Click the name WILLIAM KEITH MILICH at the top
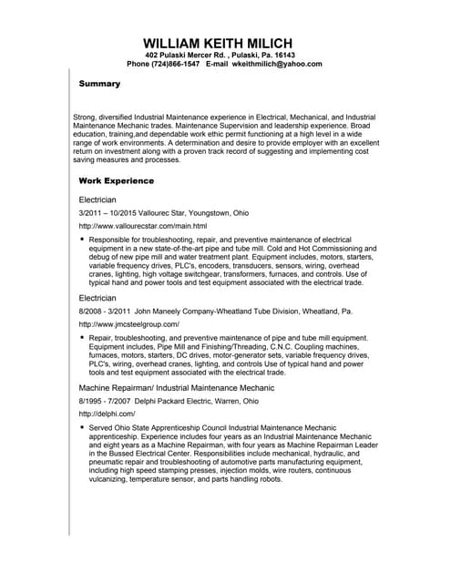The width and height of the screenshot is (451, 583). pos(224,43)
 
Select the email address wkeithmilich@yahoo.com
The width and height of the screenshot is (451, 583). pos(277,65)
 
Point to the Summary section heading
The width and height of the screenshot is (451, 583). pos(99,84)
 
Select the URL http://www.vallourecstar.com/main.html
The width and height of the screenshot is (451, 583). pos(143,226)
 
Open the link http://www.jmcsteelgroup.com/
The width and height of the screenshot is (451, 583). pos(129,324)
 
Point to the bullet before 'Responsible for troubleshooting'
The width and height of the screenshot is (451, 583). pos(82,239)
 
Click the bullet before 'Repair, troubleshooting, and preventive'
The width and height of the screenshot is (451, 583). pos(82,337)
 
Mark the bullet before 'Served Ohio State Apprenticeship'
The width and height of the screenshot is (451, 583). pos(82,426)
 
